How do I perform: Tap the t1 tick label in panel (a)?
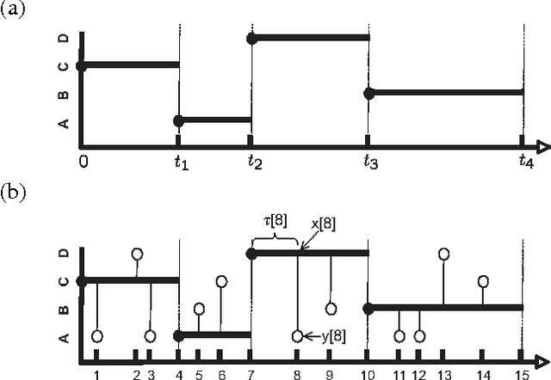[179, 161]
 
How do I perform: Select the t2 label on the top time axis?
[252, 161]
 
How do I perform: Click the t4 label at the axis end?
[525, 161]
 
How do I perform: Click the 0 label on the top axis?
[83, 161]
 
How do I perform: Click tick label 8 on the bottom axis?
[297, 373]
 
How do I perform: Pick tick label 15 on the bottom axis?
[521, 373]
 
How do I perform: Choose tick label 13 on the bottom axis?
[443, 373]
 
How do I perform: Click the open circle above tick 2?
[137, 254]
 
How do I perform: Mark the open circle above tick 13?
[444, 254]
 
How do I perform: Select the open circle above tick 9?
[331, 308]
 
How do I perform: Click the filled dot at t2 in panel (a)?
[251, 39]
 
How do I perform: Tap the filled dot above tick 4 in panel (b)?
[178, 335]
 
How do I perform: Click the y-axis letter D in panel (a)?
[63, 40]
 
